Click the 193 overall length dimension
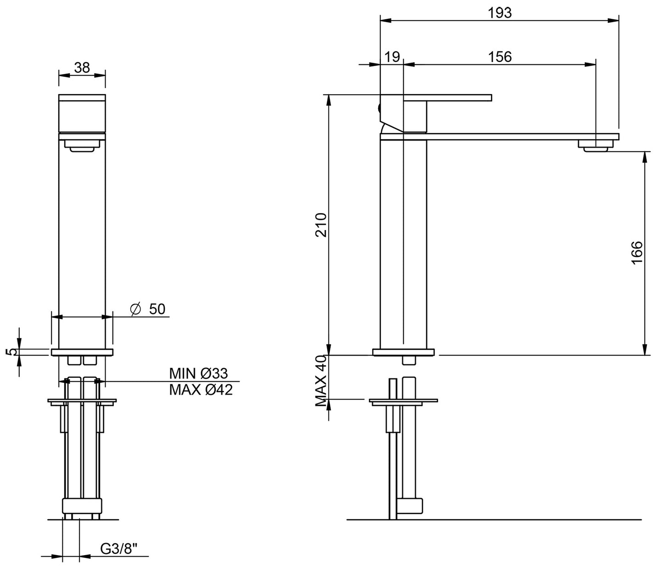(x=500, y=13)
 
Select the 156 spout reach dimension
(x=500, y=57)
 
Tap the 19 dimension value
(x=392, y=57)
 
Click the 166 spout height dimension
(x=637, y=253)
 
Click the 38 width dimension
(x=82, y=68)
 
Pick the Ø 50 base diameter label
(x=148, y=309)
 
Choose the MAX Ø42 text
(x=201, y=390)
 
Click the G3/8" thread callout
(x=119, y=548)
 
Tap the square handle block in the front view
(x=82, y=113)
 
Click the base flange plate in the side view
(x=403, y=353)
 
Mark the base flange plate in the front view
(x=82, y=353)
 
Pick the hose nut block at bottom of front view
(x=82, y=506)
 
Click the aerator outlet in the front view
(x=82, y=146)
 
